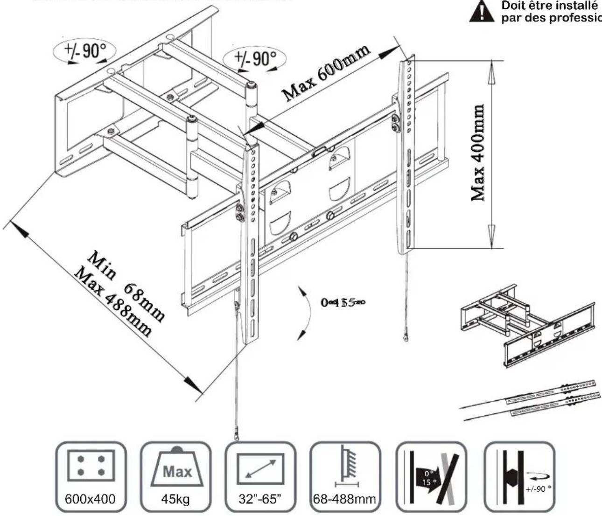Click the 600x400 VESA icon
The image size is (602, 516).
[x=91, y=477]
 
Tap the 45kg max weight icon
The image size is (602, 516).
[x=175, y=477]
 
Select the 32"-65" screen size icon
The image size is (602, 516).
[x=260, y=477]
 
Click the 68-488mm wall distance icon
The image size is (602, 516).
[x=345, y=477]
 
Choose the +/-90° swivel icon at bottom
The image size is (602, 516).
[x=519, y=477]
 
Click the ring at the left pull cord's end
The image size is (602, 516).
[x=237, y=433]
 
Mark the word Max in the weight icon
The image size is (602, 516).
[x=177, y=471]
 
